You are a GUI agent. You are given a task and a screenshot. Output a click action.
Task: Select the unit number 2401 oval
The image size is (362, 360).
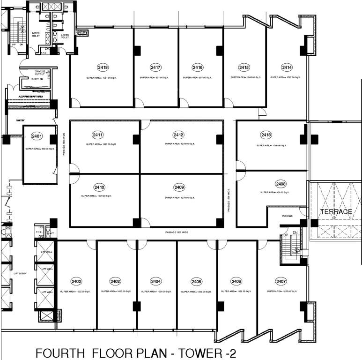coord(37,136)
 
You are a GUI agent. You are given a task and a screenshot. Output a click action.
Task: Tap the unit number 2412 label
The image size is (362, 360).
coord(178,135)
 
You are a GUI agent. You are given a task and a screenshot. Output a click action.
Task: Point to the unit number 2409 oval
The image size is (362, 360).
coord(179,187)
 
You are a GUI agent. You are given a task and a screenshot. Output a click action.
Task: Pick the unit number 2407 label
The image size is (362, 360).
coord(281,281)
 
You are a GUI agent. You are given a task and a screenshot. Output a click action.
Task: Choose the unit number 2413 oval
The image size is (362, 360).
coord(266,135)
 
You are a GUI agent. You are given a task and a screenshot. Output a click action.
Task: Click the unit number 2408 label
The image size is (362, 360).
coord(281,184)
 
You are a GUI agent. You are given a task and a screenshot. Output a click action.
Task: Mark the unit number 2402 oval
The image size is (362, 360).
coord(76,281)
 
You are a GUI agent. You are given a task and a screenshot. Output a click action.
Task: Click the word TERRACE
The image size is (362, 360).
coord(336,212)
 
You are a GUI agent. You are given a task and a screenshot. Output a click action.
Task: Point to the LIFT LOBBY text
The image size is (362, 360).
coord(19,273)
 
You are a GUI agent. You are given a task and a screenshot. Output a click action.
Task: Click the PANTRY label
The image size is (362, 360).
coord(20,120)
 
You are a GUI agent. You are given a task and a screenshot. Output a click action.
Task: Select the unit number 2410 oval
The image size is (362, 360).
coord(100,187)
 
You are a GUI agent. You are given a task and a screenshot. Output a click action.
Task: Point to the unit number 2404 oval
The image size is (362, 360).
coord(156,281)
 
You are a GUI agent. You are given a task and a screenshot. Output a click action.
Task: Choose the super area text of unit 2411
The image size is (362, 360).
coord(98,144)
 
